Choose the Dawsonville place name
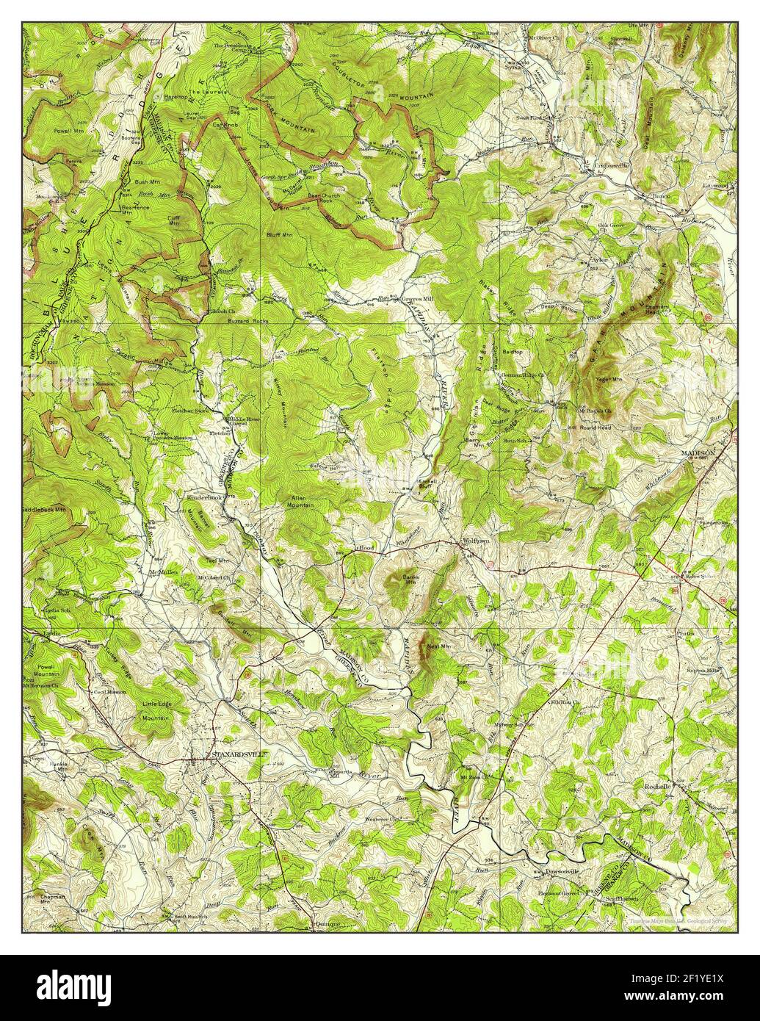(564, 873)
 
